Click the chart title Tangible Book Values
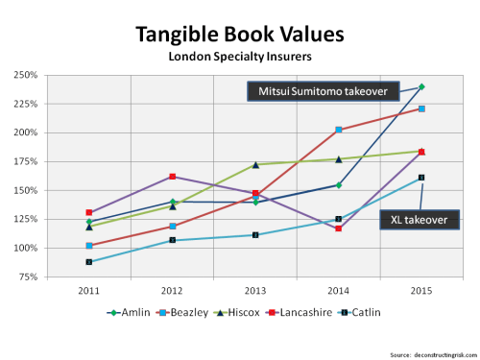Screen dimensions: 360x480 239,35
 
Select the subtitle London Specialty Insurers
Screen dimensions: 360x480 239,57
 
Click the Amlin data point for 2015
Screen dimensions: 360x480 421,87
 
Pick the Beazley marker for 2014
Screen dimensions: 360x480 338,130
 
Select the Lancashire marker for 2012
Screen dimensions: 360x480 172,177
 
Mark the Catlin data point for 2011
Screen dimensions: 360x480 88,261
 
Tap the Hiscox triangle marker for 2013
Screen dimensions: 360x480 254,164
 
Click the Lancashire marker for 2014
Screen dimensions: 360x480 338,228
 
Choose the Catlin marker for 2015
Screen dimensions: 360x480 421,178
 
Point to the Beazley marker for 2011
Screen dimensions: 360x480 88,246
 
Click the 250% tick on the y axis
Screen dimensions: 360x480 52,75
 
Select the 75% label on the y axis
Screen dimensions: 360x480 54,277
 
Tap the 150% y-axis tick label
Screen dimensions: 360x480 52,190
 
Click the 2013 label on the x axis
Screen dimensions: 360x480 254,289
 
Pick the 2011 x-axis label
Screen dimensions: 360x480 88,289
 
